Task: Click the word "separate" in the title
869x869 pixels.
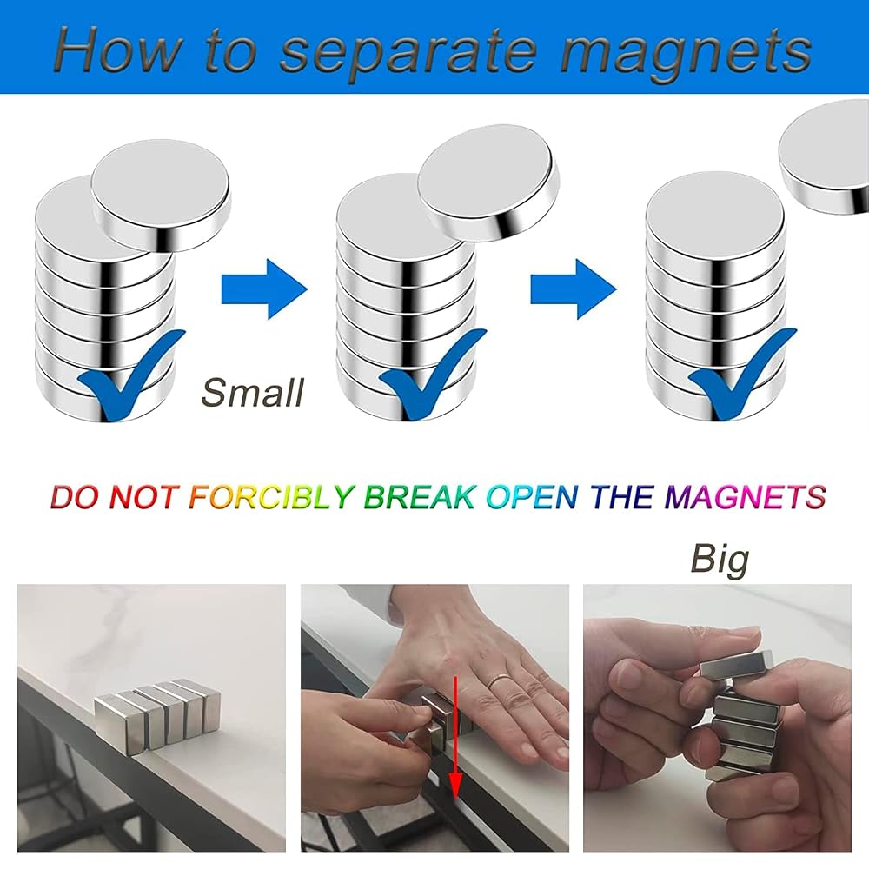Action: click(x=408, y=54)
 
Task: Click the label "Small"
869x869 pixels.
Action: click(x=253, y=393)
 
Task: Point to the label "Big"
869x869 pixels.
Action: click(x=720, y=561)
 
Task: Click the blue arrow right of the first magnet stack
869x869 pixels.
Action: click(x=264, y=289)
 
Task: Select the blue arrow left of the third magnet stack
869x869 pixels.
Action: click(x=574, y=289)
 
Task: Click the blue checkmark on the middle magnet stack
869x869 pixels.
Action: click(x=432, y=375)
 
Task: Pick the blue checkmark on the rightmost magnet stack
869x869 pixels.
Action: click(x=742, y=374)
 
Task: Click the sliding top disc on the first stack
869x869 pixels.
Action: click(x=161, y=194)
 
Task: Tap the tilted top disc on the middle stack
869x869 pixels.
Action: click(x=488, y=182)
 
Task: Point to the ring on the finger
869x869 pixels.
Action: click(x=499, y=680)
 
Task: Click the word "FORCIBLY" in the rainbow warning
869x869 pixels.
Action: click(x=271, y=496)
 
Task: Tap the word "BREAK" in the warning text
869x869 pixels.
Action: click(x=420, y=496)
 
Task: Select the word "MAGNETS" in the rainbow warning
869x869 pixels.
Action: click(x=746, y=496)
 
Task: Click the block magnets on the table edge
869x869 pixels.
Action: click(x=157, y=715)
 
